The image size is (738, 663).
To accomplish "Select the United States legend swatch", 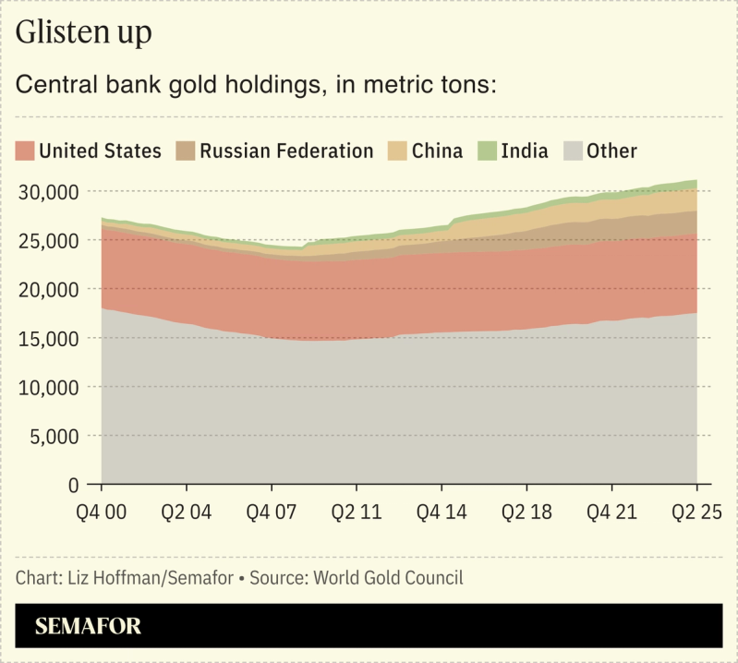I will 26,151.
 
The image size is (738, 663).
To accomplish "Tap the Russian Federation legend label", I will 286,151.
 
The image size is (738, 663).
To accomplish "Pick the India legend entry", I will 514,151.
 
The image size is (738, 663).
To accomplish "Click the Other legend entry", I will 601,151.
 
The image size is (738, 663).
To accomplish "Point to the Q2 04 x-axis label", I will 186,511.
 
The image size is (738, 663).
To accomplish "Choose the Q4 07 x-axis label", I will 271,511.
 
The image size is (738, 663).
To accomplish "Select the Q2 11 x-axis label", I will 357,511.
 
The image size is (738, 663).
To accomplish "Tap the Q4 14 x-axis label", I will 442,511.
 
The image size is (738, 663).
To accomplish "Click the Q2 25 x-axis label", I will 695,511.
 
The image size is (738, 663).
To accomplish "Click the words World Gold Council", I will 389,579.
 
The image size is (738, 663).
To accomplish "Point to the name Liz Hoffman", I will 101,579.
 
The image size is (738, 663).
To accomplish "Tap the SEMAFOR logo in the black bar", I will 89,627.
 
